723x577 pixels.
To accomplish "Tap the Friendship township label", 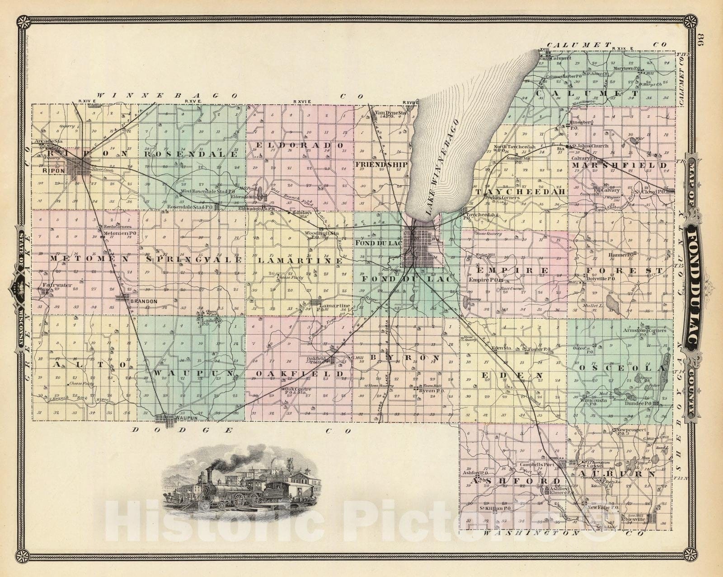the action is [381, 164].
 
